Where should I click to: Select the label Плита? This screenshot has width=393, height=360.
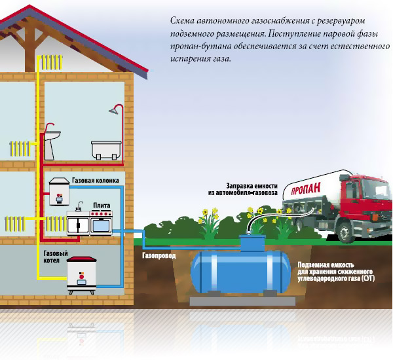100,205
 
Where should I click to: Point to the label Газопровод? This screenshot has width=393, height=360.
159,255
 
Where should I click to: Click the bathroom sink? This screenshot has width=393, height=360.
54,136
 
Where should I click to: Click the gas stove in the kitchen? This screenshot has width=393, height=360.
90,223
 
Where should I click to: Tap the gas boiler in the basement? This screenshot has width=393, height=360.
84,276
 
